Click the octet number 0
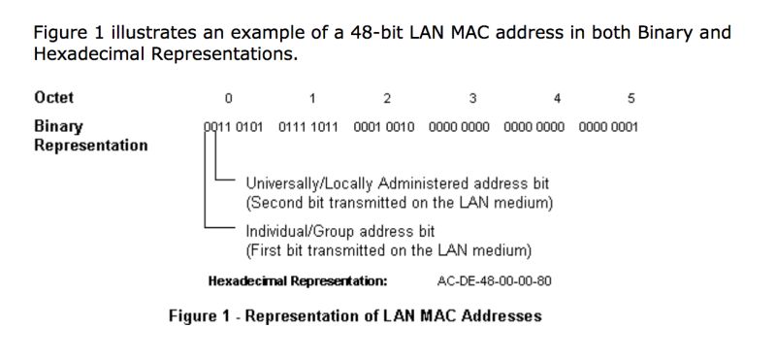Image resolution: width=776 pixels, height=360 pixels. [228, 98]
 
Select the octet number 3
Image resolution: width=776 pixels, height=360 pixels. [472, 98]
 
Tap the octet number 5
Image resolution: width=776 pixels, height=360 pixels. [631, 98]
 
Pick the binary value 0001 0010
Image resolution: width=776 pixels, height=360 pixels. [386, 127]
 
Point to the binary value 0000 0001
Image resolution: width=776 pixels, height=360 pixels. [608, 127]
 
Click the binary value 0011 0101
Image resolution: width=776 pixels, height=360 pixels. [234, 127]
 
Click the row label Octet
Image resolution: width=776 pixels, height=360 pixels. [54, 98]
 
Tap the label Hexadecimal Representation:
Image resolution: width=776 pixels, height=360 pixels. [298, 281]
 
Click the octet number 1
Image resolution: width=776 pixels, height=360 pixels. [312, 98]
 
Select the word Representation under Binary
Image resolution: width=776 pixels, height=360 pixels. [91, 146]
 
